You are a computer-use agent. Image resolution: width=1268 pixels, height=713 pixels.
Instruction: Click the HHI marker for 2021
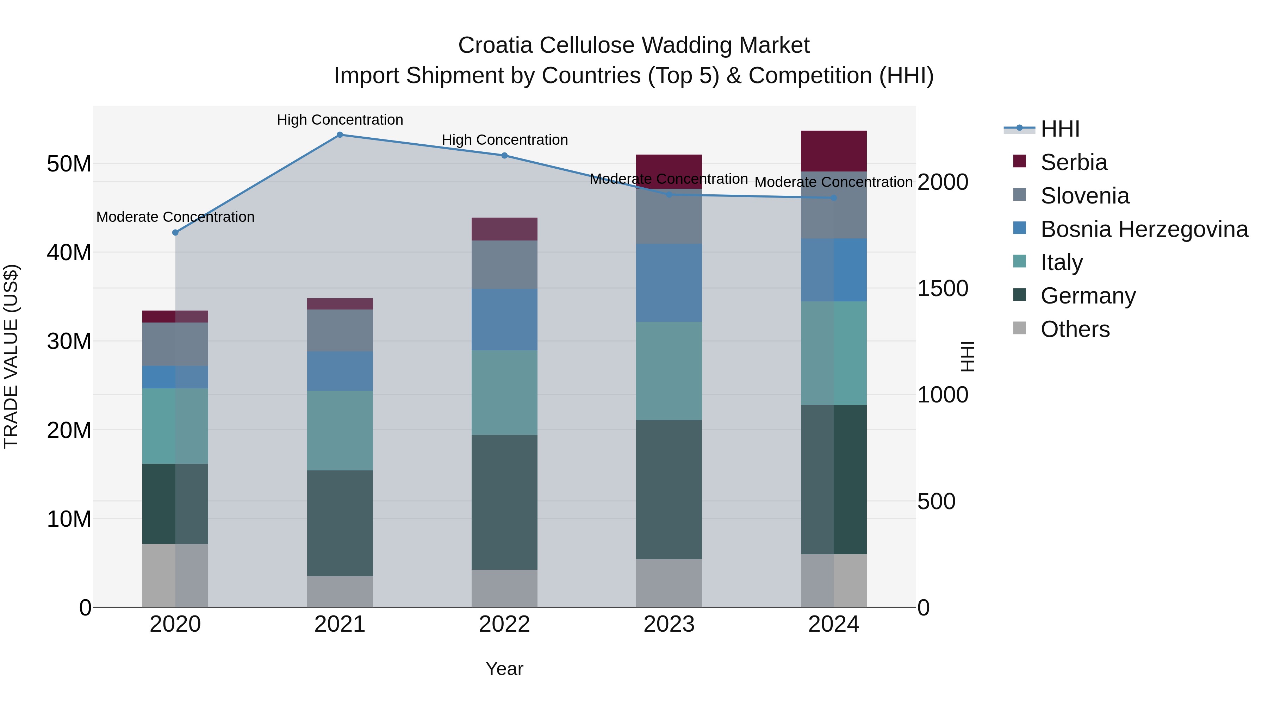(x=340, y=135)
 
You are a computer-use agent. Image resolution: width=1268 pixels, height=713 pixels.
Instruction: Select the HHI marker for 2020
(x=175, y=232)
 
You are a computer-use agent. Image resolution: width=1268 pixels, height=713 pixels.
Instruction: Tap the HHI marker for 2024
(x=833, y=198)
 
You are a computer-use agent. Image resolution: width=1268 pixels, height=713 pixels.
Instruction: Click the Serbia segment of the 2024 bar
(x=833, y=151)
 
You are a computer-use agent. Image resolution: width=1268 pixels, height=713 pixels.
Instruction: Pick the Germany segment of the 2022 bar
(x=504, y=502)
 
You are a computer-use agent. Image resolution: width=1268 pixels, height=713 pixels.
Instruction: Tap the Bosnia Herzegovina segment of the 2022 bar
(x=504, y=319)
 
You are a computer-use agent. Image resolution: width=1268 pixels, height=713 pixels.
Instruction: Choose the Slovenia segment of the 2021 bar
(x=340, y=330)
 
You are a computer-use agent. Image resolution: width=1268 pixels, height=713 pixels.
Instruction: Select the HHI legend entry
(x=1060, y=129)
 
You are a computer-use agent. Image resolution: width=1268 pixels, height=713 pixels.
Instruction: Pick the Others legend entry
(x=1075, y=329)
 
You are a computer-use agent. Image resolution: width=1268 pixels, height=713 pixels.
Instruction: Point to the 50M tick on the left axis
(x=69, y=164)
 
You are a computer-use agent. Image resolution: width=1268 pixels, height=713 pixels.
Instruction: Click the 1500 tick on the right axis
(x=942, y=288)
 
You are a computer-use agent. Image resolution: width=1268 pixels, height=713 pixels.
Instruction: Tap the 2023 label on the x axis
(x=669, y=624)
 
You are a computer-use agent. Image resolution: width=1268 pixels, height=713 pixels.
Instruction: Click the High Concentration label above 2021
(x=340, y=120)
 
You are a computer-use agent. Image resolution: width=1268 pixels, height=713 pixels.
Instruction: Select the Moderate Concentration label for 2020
(x=175, y=217)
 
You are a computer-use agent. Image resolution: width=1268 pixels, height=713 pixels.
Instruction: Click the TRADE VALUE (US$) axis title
(x=11, y=356)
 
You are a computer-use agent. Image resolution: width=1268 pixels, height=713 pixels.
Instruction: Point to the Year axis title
(x=504, y=669)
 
